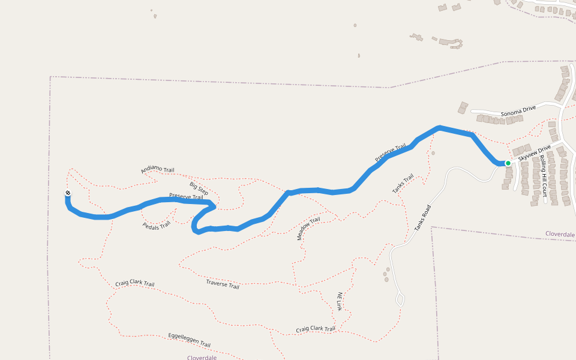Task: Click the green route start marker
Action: pos(508,163)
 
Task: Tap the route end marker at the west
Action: pos(68,193)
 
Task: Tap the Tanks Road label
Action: pos(423,218)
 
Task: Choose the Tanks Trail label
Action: pos(403,184)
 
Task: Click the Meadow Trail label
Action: pos(308,229)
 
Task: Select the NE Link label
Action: pos(339,301)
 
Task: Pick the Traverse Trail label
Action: pos(223,284)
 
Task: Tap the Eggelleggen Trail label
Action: pos(189,340)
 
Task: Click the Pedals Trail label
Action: pos(157,225)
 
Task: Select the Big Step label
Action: pos(199,188)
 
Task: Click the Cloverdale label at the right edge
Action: pos(560,233)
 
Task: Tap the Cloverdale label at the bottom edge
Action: pos(202,357)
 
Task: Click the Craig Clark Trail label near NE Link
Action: pos(316,329)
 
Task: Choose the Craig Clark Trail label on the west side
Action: pos(135,284)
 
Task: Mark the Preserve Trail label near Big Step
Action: pos(186,196)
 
